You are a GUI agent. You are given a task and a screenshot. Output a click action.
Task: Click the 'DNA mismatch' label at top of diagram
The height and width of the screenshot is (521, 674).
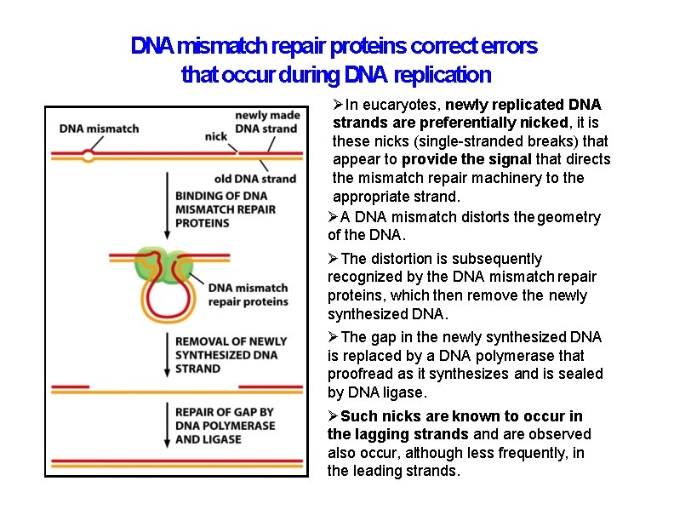pyautogui.click(x=99, y=129)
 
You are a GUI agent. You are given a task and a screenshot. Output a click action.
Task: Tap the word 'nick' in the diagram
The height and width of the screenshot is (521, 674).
pyautogui.click(x=215, y=135)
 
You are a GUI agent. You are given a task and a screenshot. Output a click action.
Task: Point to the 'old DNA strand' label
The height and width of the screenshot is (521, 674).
pyautogui.click(x=254, y=178)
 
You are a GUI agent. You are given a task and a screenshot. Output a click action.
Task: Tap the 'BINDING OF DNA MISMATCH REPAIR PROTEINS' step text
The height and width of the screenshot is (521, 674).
pyautogui.click(x=225, y=209)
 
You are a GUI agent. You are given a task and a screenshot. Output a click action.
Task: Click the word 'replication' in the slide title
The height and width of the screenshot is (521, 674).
pyautogui.click(x=442, y=75)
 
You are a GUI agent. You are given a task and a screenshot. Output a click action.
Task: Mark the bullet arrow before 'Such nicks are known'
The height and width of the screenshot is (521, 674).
pyautogui.click(x=334, y=416)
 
